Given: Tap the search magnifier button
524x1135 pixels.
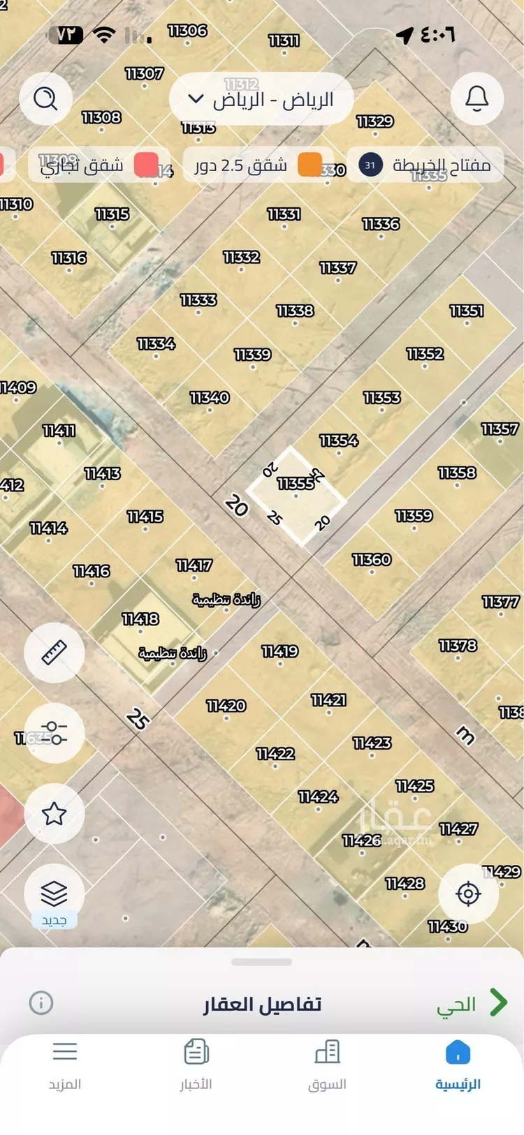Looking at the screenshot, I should [45, 98].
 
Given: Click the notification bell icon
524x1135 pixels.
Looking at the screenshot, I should [477, 98].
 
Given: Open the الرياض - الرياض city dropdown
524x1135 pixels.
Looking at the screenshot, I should [261, 99].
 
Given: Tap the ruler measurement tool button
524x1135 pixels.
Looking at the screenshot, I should [54, 652].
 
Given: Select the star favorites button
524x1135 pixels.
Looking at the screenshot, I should [54, 813].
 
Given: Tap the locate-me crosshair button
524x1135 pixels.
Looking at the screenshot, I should [468, 893].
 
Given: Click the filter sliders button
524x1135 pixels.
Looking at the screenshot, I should [54, 733].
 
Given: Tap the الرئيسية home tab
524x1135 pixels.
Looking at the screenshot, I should [458, 1064].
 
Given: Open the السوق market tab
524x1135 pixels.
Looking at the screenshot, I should [327, 1064].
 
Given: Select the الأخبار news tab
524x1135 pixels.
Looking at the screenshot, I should [196, 1064].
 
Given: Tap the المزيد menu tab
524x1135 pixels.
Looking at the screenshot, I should [65, 1064].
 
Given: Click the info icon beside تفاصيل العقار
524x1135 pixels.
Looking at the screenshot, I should [41, 1003].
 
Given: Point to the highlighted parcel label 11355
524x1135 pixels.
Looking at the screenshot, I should [296, 483].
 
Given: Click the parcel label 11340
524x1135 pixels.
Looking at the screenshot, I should [210, 397].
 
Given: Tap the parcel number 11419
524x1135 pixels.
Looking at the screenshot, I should [280, 651].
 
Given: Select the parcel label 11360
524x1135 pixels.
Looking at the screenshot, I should [372, 559].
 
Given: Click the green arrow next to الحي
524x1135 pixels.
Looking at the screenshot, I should [498, 1002].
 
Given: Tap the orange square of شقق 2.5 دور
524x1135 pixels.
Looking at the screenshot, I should [310, 165].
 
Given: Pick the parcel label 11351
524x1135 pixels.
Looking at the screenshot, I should [467, 311].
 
